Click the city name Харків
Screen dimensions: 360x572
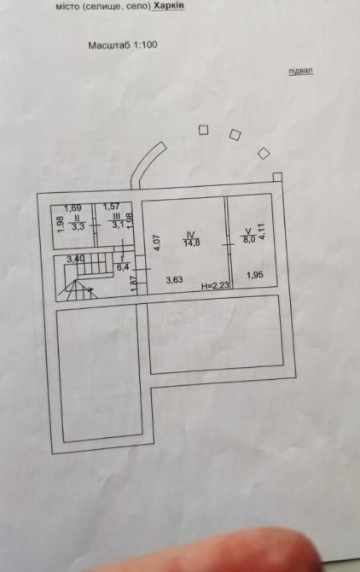[169, 6]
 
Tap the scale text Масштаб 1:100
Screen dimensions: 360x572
[123, 45]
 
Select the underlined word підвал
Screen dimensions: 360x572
[300, 71]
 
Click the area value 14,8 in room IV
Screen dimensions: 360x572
[192, 243]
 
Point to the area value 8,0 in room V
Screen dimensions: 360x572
[249, 240]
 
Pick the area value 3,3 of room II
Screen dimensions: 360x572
[78, 226]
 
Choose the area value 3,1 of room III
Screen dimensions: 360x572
[118, 225]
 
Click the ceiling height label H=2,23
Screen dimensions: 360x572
[215, 286]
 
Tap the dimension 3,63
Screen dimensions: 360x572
[174, 280]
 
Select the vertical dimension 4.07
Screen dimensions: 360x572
[157, 242]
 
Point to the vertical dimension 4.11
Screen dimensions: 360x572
[261, 231]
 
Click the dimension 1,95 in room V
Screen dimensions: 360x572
[255, 275]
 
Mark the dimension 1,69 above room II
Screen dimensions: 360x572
[73, 208]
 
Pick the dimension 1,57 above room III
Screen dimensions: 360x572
[112, 207]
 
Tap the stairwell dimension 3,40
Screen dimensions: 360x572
[75, 259]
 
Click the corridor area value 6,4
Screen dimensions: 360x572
[123, 267]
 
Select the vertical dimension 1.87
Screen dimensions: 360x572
[134, 283]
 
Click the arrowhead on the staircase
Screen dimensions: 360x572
[90, 289]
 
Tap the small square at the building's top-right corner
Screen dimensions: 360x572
[277, 177]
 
